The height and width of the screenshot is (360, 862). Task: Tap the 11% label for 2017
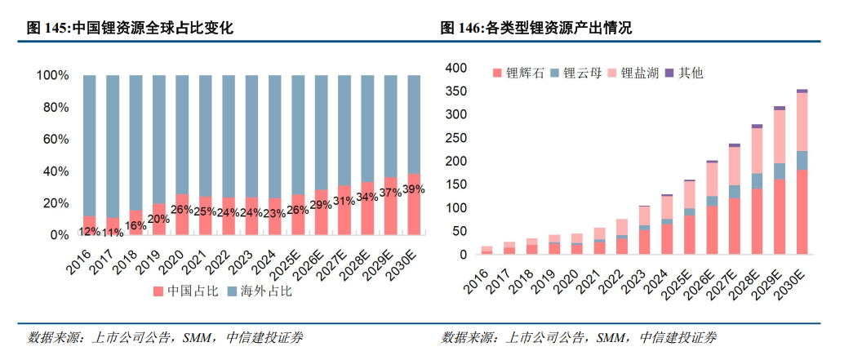pyautogui.click(x=113, y=232)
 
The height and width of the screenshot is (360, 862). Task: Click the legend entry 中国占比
pyautogui.click(x=183, y=291)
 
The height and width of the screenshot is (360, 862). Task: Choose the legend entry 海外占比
pyautogui.click(x=262, y=291)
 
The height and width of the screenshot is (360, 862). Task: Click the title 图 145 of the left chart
pyautogui.click(x=131, y=28)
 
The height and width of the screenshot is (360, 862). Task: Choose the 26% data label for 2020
pyautogui.click(x=181, y=209)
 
